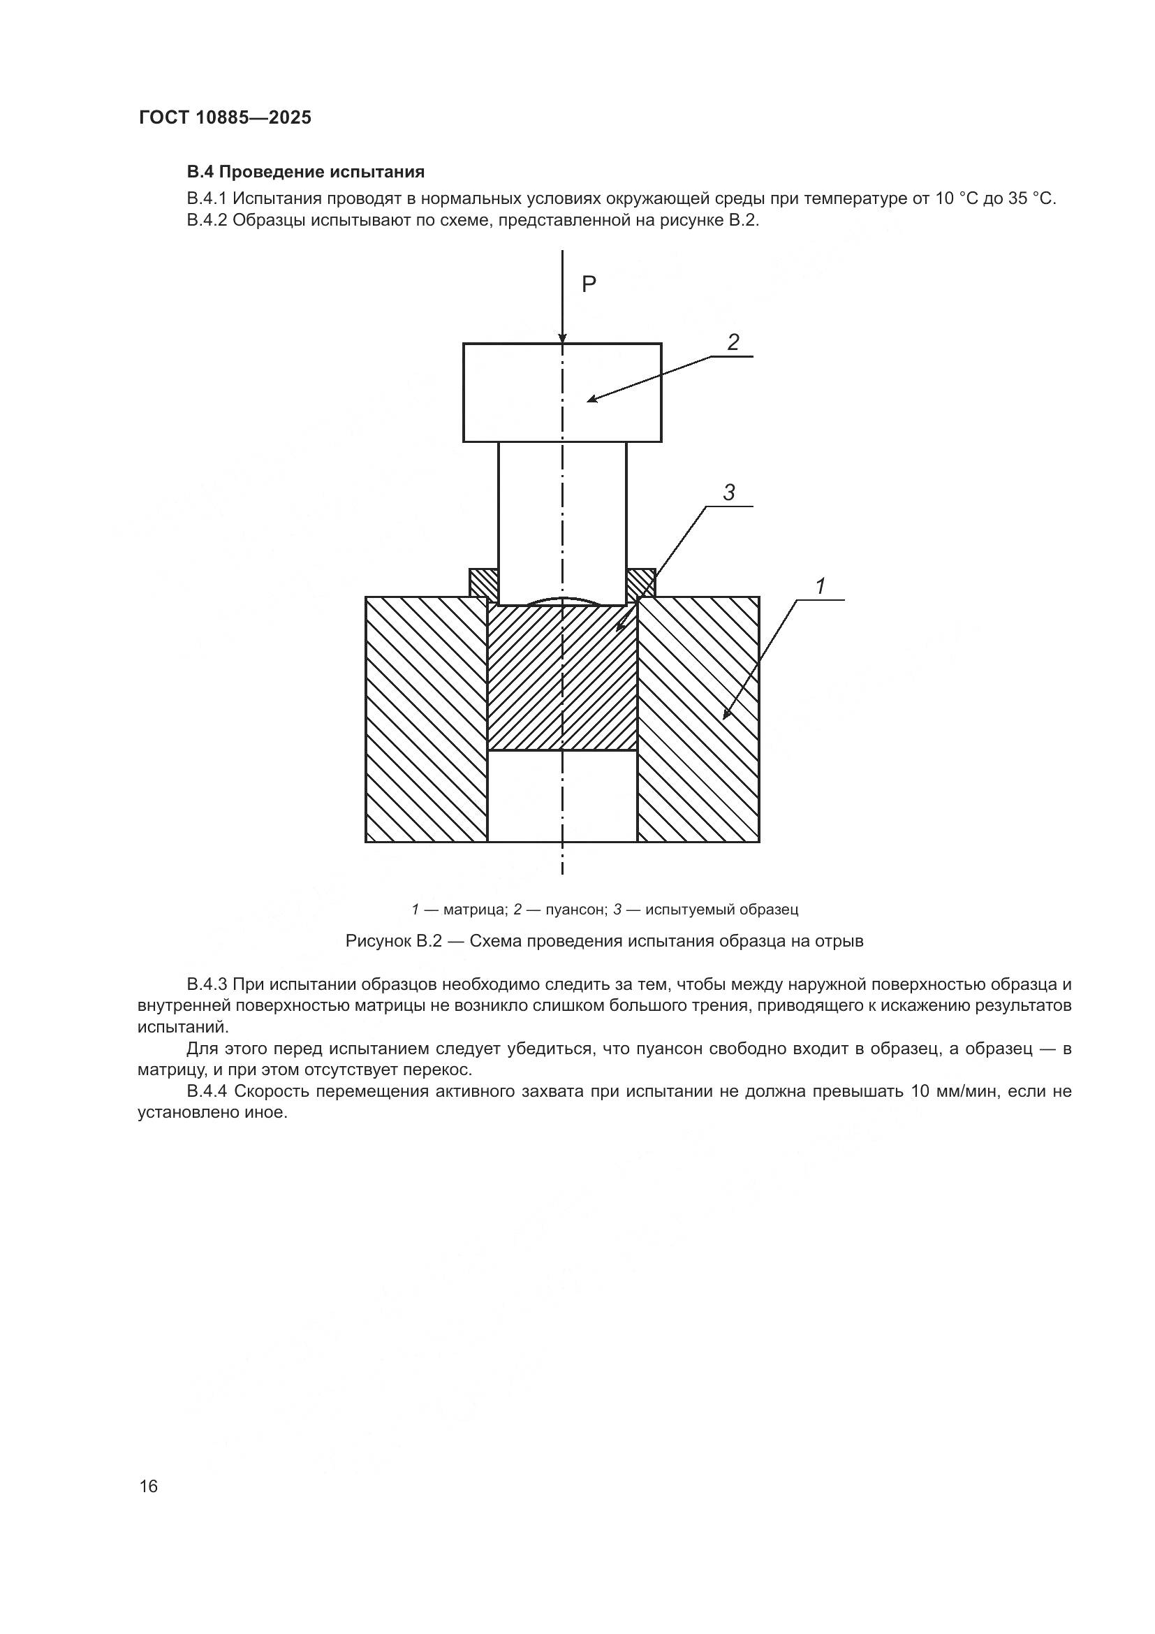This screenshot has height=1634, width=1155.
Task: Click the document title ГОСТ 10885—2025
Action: click(x=225, y=117)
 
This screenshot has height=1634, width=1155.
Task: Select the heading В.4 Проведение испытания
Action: click(x=305, y=172)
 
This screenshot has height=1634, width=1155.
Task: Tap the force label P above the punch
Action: click(x=589, y=284)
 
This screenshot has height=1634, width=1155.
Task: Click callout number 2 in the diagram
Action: click(x=733, y=342)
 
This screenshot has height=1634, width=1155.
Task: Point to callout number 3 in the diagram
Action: click(x=728, y=493)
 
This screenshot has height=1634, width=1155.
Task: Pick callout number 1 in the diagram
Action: click(x=820, y=586)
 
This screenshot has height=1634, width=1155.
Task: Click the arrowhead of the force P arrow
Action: click(x=563, y=337)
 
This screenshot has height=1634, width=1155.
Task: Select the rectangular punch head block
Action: click(x=512, y=392)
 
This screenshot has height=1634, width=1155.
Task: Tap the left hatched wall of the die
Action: click(x=426, y=719)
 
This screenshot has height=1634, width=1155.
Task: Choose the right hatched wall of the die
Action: click(x=698, y=719)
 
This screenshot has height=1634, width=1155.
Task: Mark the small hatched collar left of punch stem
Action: click(x=484, y=582)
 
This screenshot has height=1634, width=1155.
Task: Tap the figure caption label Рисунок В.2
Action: click(x=394, y=941)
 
